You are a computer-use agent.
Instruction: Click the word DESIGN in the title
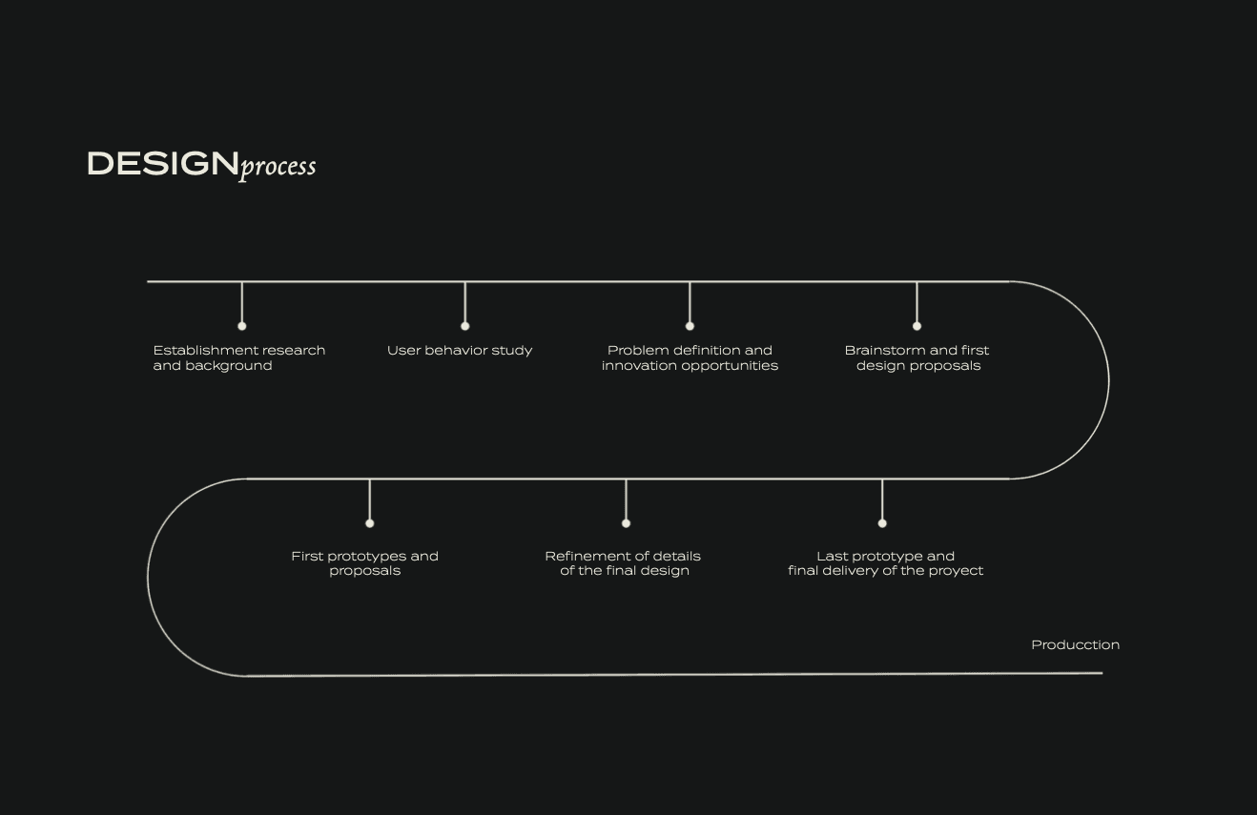pos(162,164)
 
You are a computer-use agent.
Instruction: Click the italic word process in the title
pos(278,167)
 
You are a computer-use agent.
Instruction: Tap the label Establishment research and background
pos(238,357)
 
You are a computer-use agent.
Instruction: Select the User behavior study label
pos(460,351)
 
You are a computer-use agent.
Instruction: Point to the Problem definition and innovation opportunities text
pos(690,357)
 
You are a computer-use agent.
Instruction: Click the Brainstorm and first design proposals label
pos(917,357)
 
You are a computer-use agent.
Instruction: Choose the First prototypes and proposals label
pos(364,563)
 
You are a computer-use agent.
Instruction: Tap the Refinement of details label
pos(623,563)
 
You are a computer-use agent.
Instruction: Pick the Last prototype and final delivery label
pos(885,563)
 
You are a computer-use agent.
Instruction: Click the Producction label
pos(1075,645)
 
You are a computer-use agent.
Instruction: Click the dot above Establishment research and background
pos(241,326)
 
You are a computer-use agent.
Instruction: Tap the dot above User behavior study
pos(464,326)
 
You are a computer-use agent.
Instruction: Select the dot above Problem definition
pos(690,326)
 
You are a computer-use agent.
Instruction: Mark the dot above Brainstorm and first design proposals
pos(917,326)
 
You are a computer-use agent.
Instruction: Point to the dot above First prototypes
pos(370,522)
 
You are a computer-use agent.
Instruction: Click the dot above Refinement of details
pos(626,522)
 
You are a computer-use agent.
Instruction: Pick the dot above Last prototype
pos(882,522)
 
